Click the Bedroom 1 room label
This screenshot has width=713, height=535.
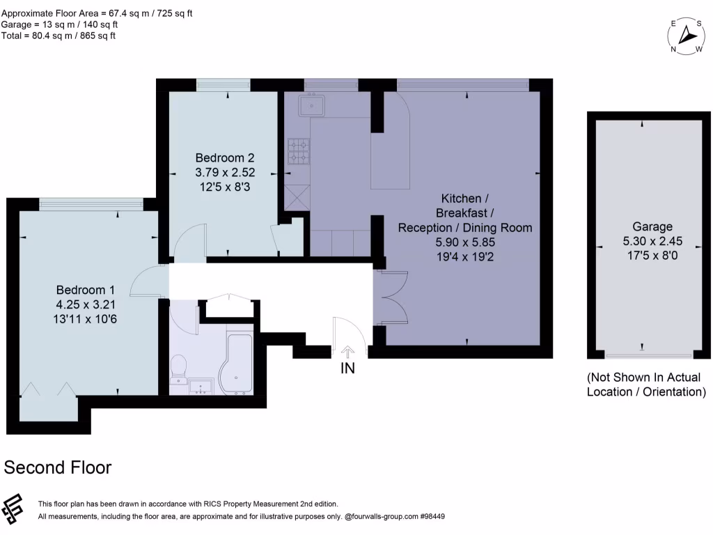[x=85, y=290]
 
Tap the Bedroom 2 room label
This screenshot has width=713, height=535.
[x=224, y=158]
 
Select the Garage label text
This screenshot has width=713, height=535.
[x=652, y=226]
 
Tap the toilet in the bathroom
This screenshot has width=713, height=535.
[x=179, y=368]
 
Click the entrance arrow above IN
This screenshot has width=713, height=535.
[x=347, y=350]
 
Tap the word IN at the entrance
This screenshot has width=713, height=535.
[x=347, y=369]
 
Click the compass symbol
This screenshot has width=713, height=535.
[x=688, y=36]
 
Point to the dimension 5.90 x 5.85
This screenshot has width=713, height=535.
[x=464, y=242]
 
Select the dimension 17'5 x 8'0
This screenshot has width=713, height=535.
[x=652, y=255]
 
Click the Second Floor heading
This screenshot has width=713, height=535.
[x=58, y=467]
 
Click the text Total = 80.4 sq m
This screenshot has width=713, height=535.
[x=59, y=36]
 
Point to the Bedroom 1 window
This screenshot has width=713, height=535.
[x=91, y=203]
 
